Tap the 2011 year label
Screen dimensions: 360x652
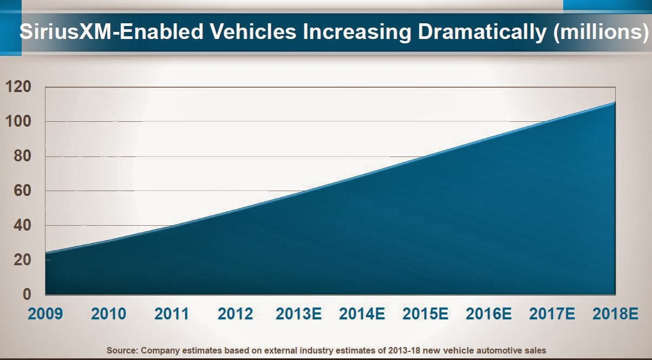[172, 314]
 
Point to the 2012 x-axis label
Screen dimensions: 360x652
[235, 314]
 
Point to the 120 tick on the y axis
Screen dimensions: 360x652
[19, 87]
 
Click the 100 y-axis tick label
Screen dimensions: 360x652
[19, 122]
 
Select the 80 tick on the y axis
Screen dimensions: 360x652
[23, 156]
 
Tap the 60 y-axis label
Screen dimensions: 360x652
[23, 191]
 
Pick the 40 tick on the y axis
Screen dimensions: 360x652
[23, 226]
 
